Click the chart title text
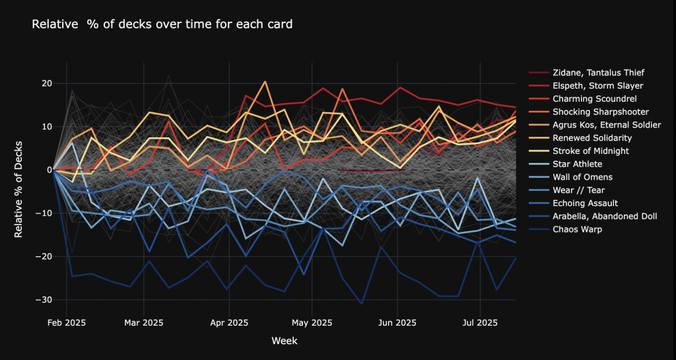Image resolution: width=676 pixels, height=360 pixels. coord(162,24)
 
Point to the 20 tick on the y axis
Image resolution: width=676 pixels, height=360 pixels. coord(45,84)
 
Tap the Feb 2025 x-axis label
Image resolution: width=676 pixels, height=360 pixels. coord(67,323)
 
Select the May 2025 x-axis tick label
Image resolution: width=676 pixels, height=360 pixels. coord(312,323)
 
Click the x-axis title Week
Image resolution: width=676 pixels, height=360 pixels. coord(284,341)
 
